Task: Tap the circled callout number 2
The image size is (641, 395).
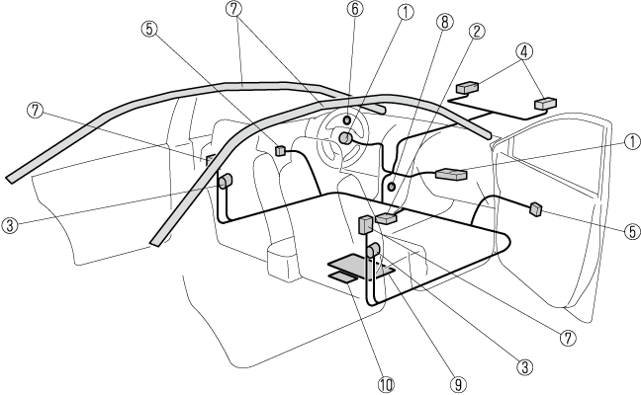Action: tap(477, 30)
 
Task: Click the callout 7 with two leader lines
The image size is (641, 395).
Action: tap(233, 10)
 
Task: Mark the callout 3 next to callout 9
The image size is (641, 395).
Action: tap(526, 364)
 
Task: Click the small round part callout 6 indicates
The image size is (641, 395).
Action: tap(348, 120)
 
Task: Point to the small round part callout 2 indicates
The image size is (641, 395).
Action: tap(393, 186)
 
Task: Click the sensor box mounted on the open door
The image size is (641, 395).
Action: tap(535, 208)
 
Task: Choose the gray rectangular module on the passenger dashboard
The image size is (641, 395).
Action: tap(451, 175)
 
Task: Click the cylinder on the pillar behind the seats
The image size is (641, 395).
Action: tap(225, 181)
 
